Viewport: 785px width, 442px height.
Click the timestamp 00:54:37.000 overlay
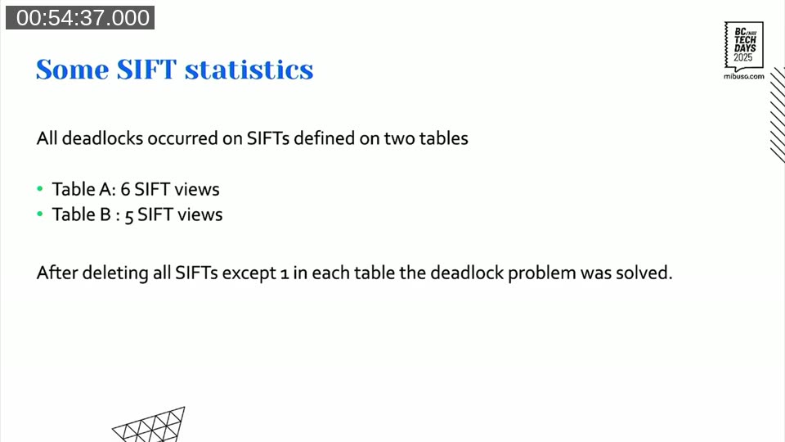(79, 17)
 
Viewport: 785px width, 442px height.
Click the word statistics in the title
(249, 70)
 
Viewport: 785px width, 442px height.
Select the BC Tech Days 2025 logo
(743, 44)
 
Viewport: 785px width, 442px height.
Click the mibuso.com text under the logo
(743, 75)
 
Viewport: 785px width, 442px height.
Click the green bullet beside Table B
(40, 215)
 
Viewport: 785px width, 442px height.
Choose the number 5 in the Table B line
(129, 216)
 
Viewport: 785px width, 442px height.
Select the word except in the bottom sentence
(249, 273)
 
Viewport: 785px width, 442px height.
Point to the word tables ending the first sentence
(444, 138)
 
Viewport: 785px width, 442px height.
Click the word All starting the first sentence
(47, 138)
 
